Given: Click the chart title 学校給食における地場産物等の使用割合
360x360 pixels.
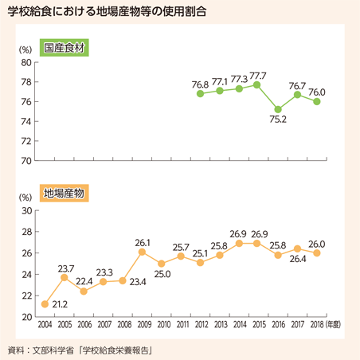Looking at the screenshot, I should coord(107,10).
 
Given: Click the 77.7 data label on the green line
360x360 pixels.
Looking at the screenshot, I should coord(258,76).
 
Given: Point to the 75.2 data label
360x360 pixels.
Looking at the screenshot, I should coord(278,119).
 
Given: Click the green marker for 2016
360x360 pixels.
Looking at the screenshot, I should coord(278,109).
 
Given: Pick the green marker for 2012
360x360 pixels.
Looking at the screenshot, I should coord(200,93).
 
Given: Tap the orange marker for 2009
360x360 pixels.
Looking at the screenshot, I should coord(142,252).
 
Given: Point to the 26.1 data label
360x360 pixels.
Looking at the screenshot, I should coord(143,242).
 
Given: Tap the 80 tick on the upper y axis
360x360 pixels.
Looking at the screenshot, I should coord(26,63).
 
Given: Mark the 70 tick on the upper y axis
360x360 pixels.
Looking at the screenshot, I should coord(26,161).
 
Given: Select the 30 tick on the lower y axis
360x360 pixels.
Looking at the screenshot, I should coord(26,210).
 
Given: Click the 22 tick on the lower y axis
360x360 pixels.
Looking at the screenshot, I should coord(26,295).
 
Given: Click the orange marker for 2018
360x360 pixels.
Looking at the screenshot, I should coord(316,253).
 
